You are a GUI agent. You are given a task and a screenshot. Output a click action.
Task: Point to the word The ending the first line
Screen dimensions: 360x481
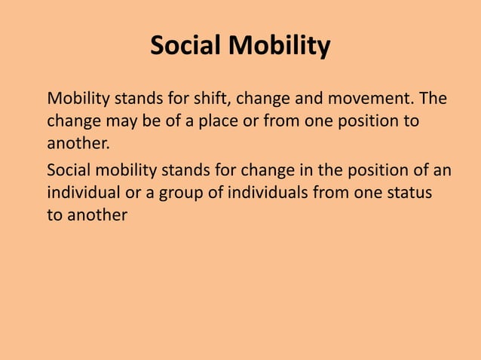point(437,99)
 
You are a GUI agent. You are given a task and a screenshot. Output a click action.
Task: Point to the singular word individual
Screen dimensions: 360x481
point(82,193)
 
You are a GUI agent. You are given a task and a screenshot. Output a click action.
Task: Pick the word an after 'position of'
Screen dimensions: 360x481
point(443,170)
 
